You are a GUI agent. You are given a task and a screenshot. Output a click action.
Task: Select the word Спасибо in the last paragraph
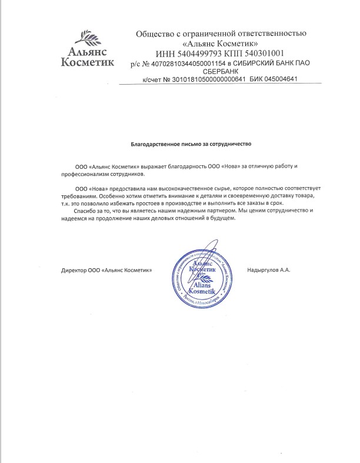[83, 210]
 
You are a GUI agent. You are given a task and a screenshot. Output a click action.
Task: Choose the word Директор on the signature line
[74, 270]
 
